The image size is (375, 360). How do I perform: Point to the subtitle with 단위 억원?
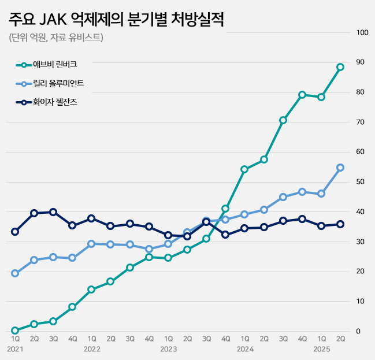(x=55, y=38)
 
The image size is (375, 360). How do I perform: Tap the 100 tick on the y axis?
(x=363, y=32)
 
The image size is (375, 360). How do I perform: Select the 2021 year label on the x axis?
(x=15, y=349)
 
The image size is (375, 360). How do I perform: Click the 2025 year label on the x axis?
(x=321, y=349)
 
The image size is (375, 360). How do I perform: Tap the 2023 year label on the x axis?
(x=168, y=349)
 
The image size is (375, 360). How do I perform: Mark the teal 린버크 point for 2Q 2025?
(x=340, y=67)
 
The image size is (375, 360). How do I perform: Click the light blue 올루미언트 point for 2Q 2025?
(x=340, y=168)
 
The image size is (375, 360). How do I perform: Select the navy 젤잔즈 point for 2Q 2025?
(x=340, y=224)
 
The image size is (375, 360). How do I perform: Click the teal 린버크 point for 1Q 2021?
(x=15, y=331)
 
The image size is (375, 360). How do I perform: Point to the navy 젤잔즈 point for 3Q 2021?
(x=53, y=212)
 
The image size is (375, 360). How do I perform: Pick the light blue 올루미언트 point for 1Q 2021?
(x=15, y=273)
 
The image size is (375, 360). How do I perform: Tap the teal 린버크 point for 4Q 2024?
(x=302, y=95)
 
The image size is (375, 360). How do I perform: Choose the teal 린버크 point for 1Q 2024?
(x=244, y=169)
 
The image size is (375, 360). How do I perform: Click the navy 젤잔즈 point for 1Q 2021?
(x=15, y=232)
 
